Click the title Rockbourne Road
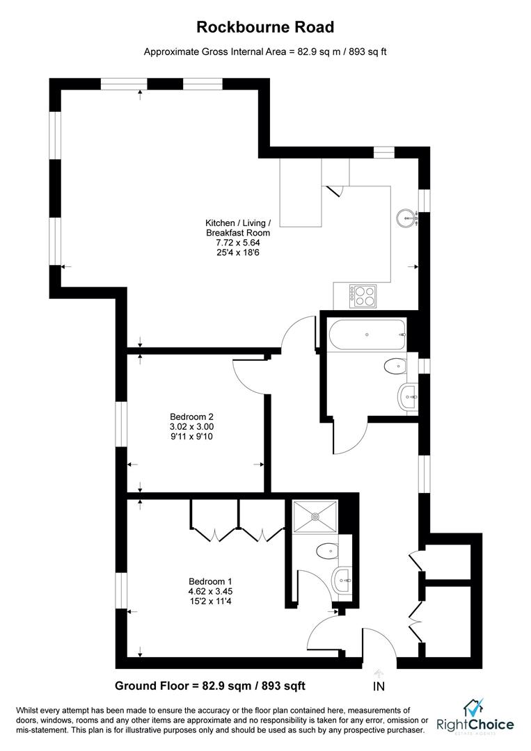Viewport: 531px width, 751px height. pyautogui.click(x=265, y=27)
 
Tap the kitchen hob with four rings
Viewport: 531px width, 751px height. pyautogui.click(x=363, y=296)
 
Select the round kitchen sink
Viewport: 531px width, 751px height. pyautogui.click(x=407, y=218)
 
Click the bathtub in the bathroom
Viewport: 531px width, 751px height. pyautogui.click(x=367, y=335)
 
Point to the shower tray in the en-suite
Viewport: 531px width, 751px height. pyautogui.click(x=315, y=516)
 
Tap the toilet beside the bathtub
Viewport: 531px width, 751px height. pyautogui.click(x=395, y=367)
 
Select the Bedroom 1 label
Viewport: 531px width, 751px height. pyautogui.click(x=210, y=581)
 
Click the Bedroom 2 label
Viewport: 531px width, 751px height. pyautogui.click(x=191, y=417)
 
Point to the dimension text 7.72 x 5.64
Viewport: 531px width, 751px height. pyautogui.click(x=238, y=243)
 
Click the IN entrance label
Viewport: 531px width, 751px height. pyautogui.click(x=379, y=686)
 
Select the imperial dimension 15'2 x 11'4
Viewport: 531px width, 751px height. pyautogui.click(x=210, y=601)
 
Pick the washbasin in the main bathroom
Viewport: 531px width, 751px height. pyautogui.click(x=408, y=396)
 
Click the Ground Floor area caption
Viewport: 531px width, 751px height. pyautogui.click(x=210, y=686)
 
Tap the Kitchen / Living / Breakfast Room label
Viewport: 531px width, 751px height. pyautogui.click(x=238, y=228)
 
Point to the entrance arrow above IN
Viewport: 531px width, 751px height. pyautogui.click(x=379, y=673)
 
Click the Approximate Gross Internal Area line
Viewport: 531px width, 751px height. pyautogui.click(x=265, y=52)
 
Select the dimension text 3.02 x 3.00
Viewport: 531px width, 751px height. pyautogui.click(x=191, y=427)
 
